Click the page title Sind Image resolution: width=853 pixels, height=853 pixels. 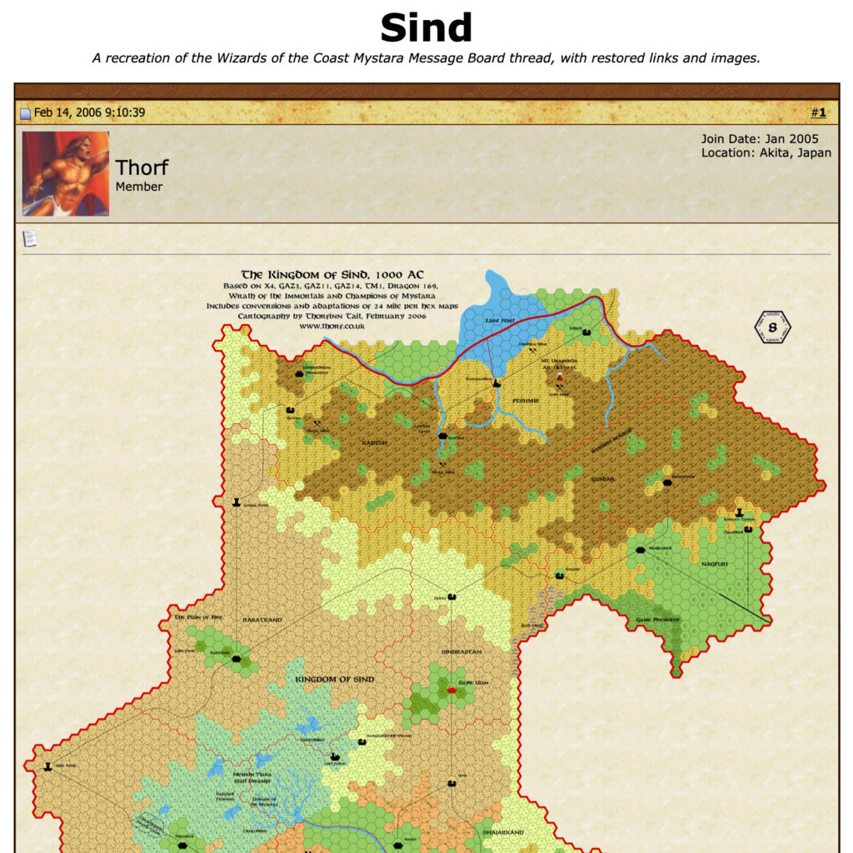tap(426, 28)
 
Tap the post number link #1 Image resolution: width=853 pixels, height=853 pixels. tap(818, 112)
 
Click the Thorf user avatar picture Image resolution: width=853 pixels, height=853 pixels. tap(66, 173)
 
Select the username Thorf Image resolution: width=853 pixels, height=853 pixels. tap(142, 167)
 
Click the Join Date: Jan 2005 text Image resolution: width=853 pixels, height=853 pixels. tap(760, 139)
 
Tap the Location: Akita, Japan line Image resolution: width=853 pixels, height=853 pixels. tap(766, 153)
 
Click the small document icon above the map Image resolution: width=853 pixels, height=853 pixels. tap(30, 239)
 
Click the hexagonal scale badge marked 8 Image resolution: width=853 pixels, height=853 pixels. tap(772, 327)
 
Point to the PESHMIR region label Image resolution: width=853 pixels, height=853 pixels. tap(526, 401)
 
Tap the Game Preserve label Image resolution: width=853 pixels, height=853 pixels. tap(658, 620)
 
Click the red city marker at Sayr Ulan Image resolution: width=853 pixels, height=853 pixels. tap(452, 690)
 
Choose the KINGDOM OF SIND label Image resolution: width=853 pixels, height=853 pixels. tap(335, 679)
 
